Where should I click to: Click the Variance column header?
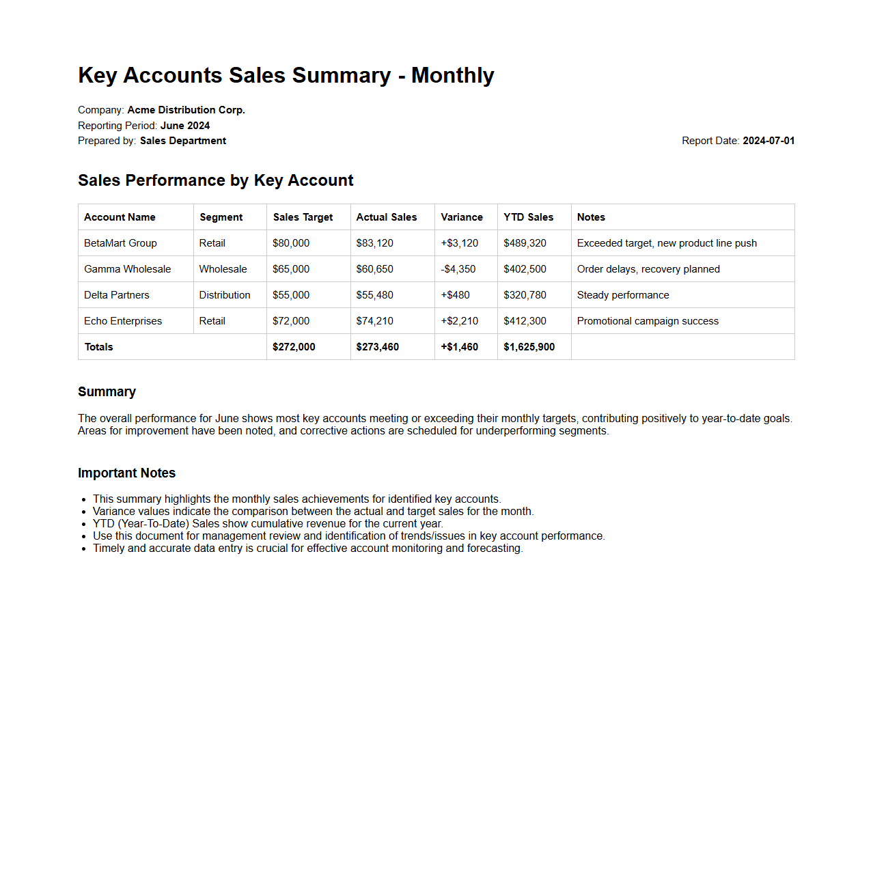click(x=462, y=217)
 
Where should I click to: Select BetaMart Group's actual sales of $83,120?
click(x=374, y=243)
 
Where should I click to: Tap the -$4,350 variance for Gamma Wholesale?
click(x=458, y=269)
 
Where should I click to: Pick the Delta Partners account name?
click(x=117, y=295)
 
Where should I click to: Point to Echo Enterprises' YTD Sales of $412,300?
click(x=525, y=321)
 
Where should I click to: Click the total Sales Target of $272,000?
click(x=294, y=347)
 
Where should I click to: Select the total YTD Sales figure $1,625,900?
click(x=529, y=347)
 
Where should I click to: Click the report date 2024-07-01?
click(x=768, y=141)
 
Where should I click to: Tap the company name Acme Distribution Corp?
click(x=186, y=110)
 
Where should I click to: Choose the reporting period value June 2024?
click(x=185, y=126)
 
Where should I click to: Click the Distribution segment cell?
click(x=225, y=295)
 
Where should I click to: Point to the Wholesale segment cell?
click(x=223, y=269)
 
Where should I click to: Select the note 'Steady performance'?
click(x=623, y=295)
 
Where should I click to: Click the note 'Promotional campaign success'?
click(x=648, y=321)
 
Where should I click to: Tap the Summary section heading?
click(x=107, y=392)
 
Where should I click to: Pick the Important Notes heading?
click(x=126, y=473)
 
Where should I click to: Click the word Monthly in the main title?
click(x=452, y=75)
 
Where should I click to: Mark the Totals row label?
click(x=99, y=347)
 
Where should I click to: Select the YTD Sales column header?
click(x=529, y=217)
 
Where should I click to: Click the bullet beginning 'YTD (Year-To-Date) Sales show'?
click(x=268, y=524)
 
